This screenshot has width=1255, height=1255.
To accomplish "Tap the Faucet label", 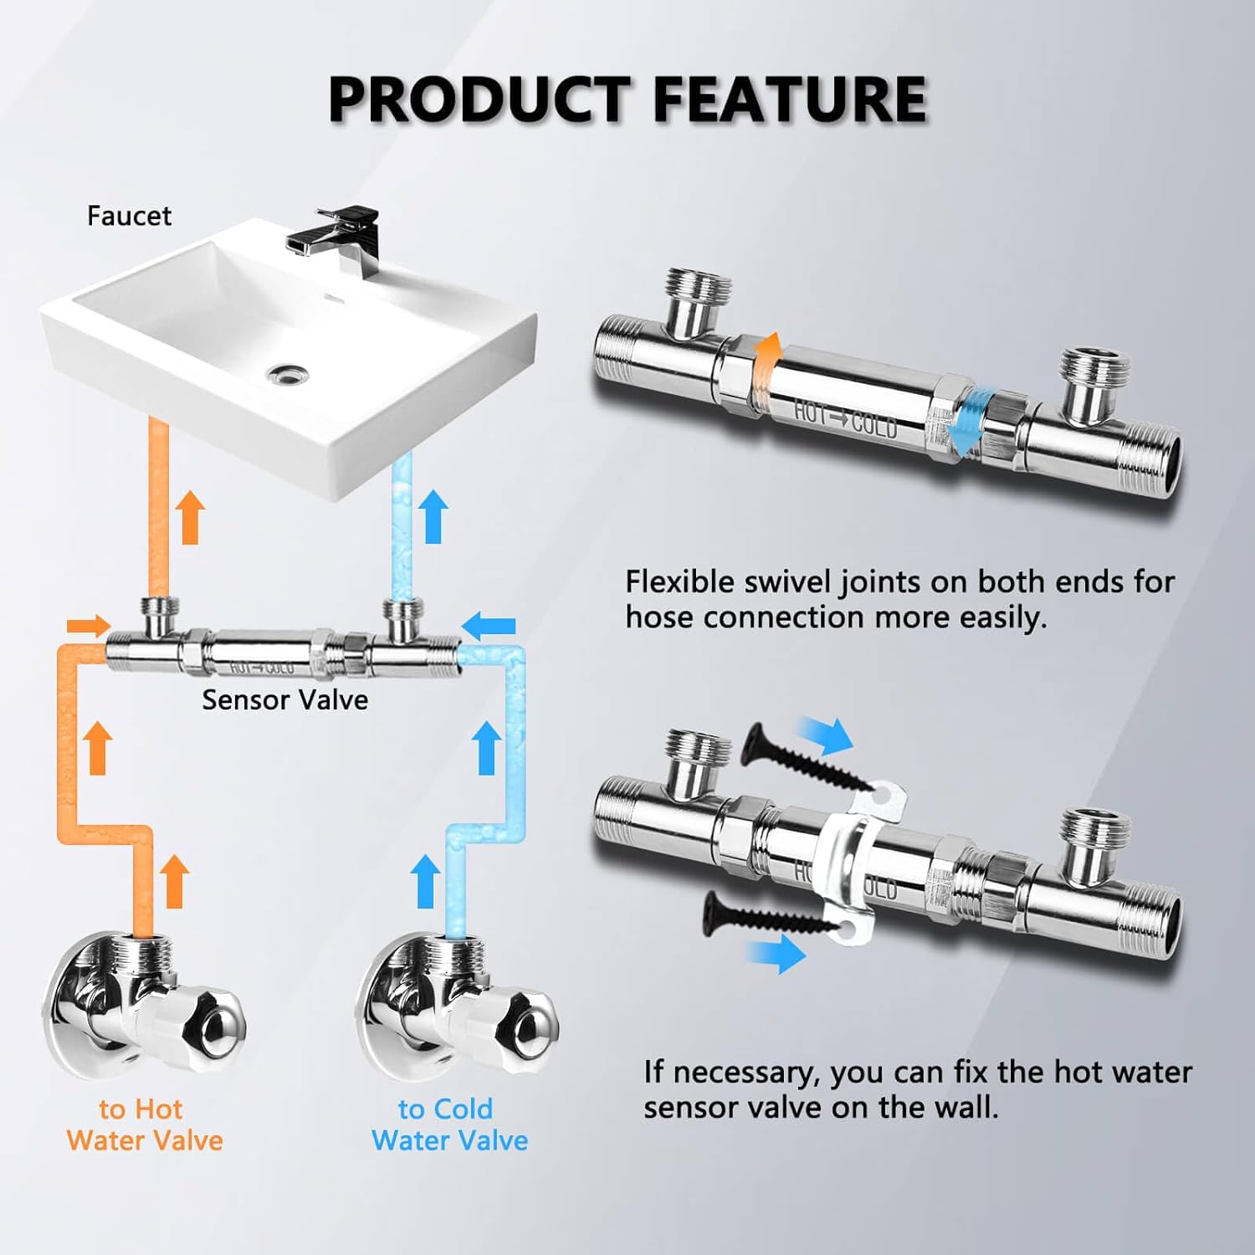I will tap(129, 216).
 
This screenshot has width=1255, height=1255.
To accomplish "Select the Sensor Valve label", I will tap(284, 699).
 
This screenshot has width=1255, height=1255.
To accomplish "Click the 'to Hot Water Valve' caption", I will tap(144, 1124).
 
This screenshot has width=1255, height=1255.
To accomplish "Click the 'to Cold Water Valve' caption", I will tap(449, 1124).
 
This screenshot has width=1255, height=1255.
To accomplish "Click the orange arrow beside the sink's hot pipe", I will tap(191, 517).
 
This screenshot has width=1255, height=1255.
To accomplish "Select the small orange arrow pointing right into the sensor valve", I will tap(89, 625).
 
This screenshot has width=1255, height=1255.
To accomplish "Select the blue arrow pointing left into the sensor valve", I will tap(489, 624).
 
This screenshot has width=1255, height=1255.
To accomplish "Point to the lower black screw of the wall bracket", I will tap(770, 914).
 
